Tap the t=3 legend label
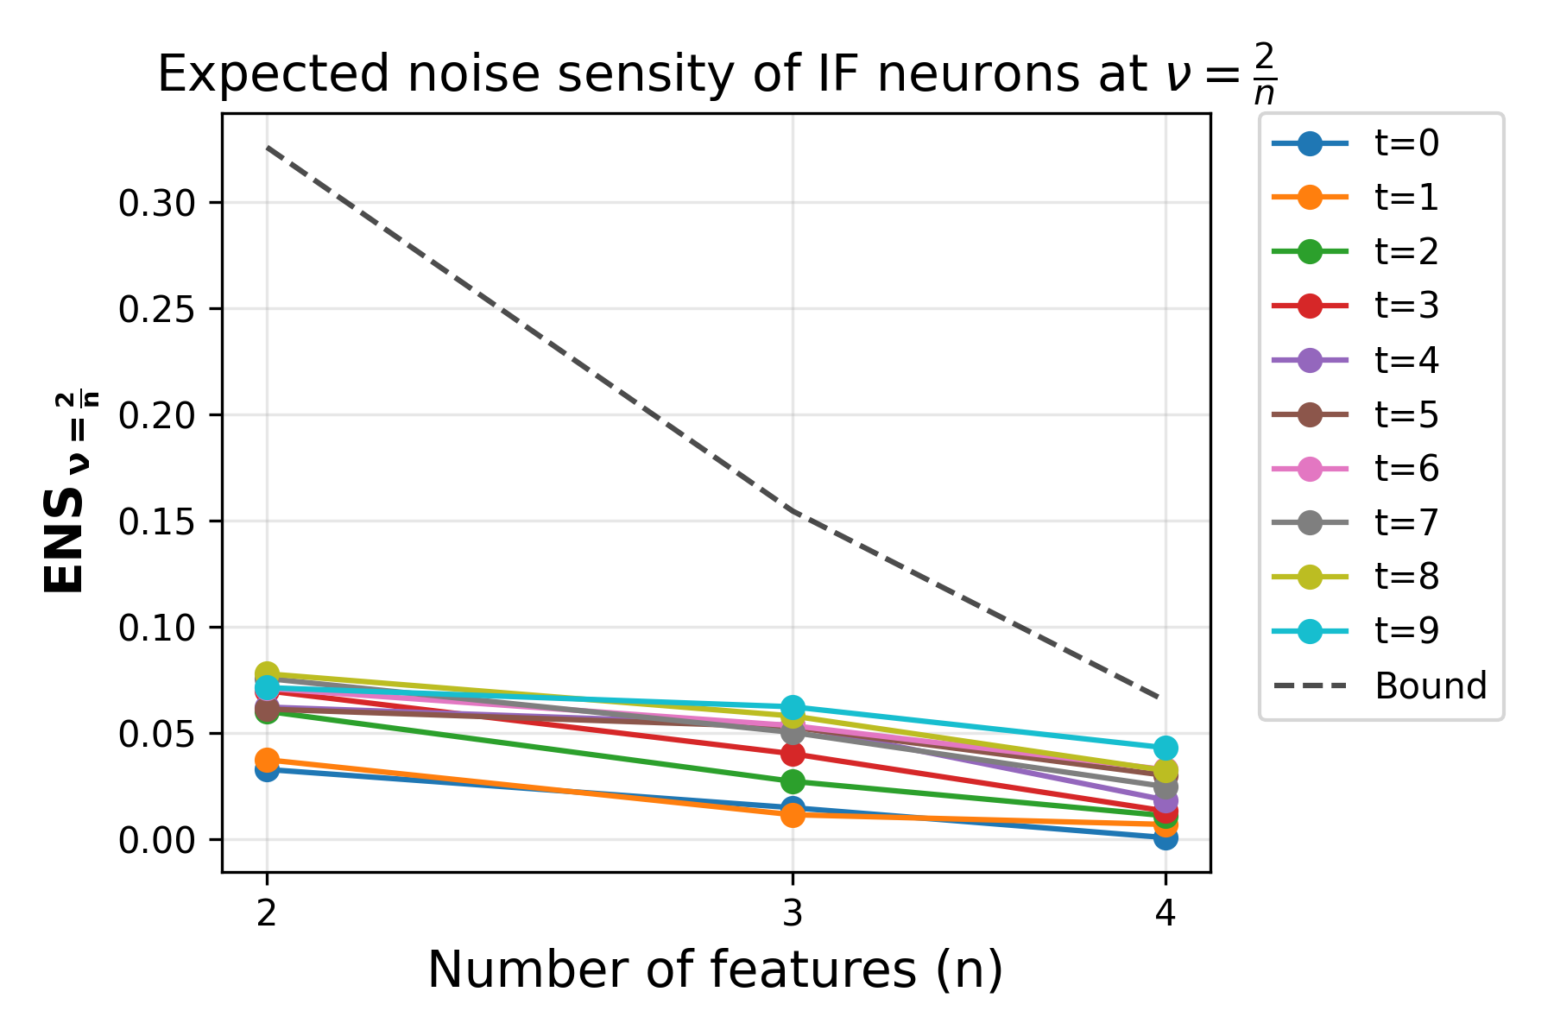point(1406,306)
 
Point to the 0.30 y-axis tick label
point(158,204)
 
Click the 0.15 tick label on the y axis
point(158,521)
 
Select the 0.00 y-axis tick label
point(158,840)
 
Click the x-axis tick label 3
point(793,913)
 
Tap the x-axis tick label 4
point(1165,913)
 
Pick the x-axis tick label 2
point(267,913)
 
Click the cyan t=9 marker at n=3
point(793,707)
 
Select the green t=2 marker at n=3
point(793,781)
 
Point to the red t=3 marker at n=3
point(793,755)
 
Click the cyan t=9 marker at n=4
point(1165,748)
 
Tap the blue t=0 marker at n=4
point(1165,837)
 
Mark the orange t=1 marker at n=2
point(267,761)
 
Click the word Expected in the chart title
point(275,75)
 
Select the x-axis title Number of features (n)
point(715,970)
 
